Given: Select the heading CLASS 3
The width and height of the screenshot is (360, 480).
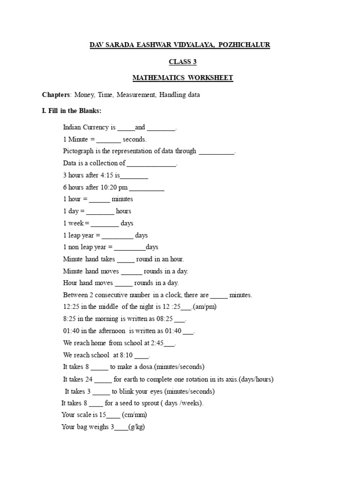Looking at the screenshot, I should pyautogui.click(x=180, y=61).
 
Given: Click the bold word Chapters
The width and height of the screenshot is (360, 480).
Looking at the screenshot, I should pyautogui.click(x=56, y=95).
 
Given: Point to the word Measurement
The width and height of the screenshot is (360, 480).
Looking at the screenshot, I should pyautogui.click(x=135, y=95).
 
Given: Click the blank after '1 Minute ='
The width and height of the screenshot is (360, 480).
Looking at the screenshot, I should pyautogui.click(x=109, y=140).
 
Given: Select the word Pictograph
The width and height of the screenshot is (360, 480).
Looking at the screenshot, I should pyautogui.click(x=77, y=151).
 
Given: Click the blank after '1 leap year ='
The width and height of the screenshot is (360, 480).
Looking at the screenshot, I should pyautogui.click(x=117, y=235).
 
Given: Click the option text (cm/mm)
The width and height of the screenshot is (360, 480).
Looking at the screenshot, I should pyautogui.click(x=134, y=415).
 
